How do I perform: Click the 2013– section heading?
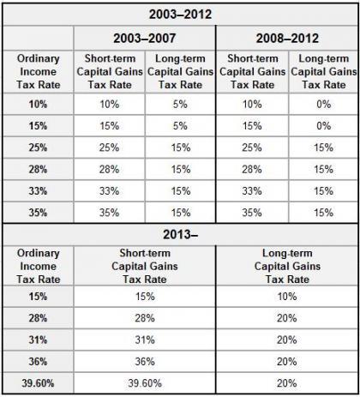(180, 234)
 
